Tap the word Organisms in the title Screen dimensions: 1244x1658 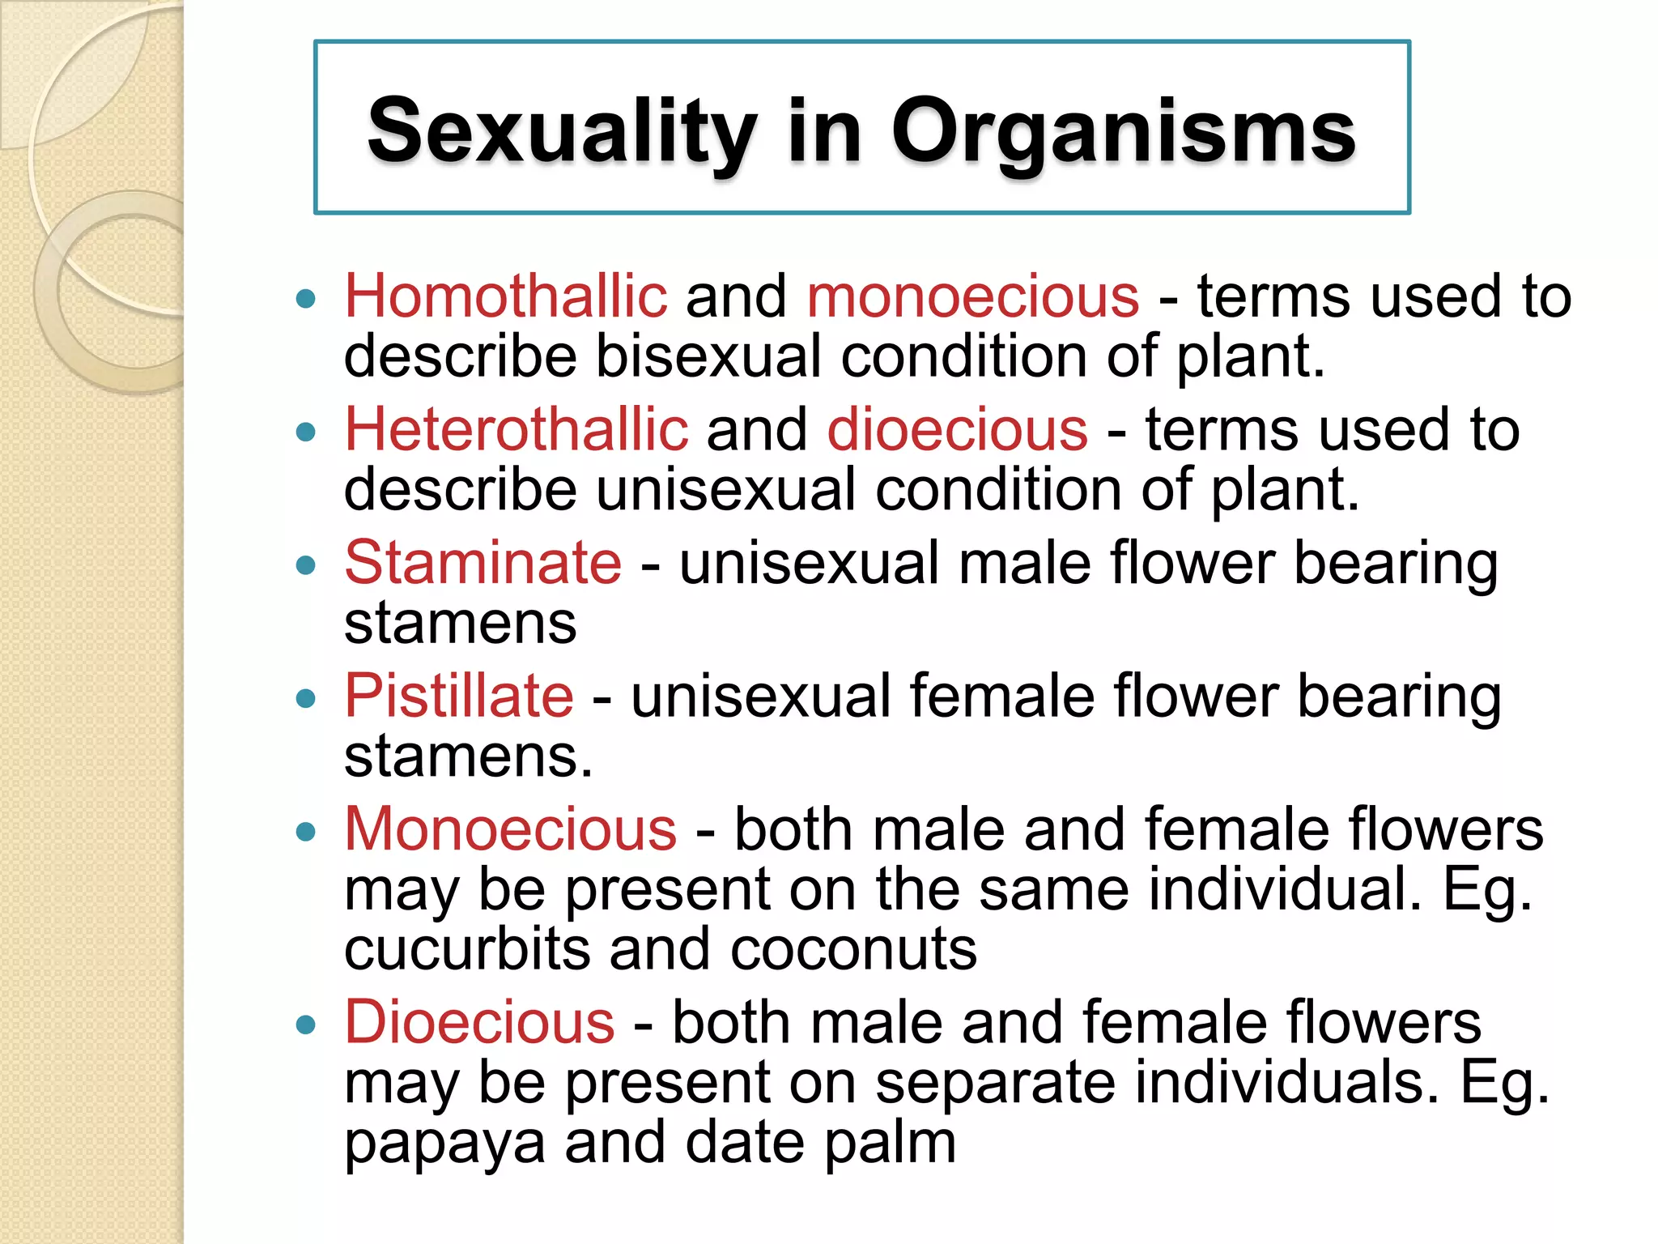point(1123,131)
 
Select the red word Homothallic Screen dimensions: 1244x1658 point(506,296)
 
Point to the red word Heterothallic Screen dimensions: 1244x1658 point(517,429)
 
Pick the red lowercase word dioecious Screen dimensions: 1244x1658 point(958,429)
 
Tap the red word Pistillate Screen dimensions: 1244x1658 point(459,696)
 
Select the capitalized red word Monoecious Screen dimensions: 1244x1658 point(511,829)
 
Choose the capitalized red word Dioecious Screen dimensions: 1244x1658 point(479,1022)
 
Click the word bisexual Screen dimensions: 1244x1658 point(708,356)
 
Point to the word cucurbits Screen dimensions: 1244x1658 point(467,949)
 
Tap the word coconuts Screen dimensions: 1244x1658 point(853,949)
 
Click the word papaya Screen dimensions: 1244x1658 point(444,1144)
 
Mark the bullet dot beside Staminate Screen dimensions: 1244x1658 point(305,565)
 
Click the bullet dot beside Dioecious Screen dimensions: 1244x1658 point(305,1025)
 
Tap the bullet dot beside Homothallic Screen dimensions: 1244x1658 point(305,300)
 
